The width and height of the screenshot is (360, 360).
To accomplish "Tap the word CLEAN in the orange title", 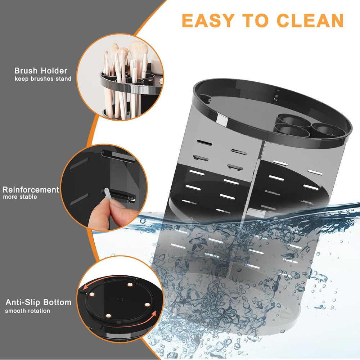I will (x=311, y=21).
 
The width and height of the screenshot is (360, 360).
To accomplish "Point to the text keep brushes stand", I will (x=43, y=78).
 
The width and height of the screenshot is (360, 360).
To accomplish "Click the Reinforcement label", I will (x=31, y=189).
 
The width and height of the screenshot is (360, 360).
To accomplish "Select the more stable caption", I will (x=20, y=197).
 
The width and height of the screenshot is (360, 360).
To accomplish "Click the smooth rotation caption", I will (x=27, y=310).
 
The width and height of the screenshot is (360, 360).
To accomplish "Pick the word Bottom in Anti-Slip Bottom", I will (x=58, y=302).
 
